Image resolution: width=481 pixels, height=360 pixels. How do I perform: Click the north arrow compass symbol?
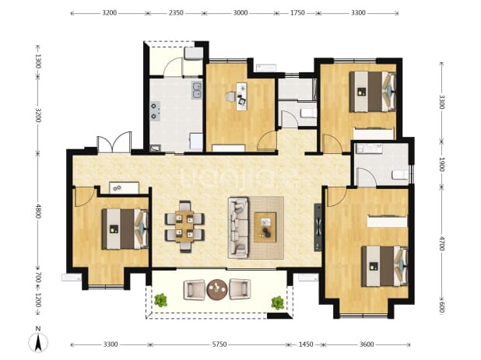coord(38,342)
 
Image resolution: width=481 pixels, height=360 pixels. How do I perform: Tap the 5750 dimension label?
coord(219,344)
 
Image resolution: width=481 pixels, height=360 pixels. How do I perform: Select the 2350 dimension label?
coord(176,13)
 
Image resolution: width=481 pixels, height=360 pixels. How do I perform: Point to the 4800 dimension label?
coord(37,211)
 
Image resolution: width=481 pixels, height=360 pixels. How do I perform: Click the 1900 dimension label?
coord(441,165)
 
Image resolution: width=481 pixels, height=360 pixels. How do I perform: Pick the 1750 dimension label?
coord(297,13)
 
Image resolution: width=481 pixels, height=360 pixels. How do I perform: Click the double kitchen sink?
coord(197,90)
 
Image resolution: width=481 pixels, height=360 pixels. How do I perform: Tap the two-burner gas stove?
coord(155,111)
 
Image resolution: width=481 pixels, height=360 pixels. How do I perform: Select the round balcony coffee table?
coord(217,289)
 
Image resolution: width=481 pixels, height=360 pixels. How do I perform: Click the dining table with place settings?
coord(184,226)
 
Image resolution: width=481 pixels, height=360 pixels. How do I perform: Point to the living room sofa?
coord(238,227)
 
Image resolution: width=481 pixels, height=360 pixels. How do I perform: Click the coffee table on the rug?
coord(265,227)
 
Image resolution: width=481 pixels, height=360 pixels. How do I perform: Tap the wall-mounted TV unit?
coord(318,227)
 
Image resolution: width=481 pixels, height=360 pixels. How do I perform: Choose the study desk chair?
coord(230,97)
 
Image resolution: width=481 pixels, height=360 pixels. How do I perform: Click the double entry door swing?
coord(114,142)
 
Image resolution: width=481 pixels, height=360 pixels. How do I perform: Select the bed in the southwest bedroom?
coord(125,229)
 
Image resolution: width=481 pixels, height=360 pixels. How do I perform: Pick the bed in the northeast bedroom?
coord(372,92)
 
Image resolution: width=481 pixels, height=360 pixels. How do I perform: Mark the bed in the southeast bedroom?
coord(384,266)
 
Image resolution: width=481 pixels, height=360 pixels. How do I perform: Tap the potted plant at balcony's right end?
coord(278,302)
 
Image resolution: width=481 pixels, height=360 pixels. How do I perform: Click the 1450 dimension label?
coord(306,344)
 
